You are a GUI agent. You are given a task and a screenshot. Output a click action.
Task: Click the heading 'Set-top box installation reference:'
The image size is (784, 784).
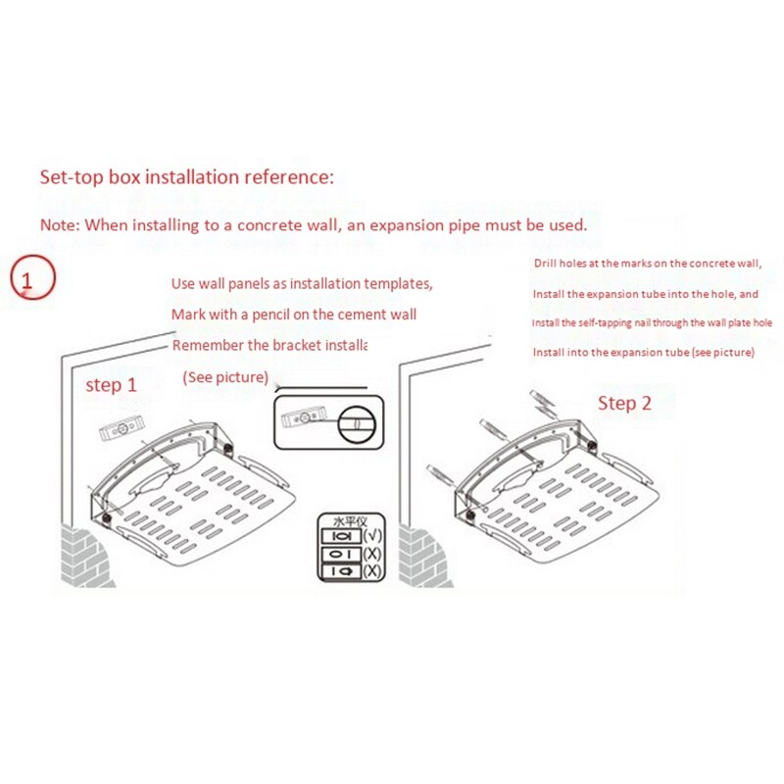click(x=187, y=178)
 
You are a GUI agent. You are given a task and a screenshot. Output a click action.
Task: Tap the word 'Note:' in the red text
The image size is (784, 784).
click(x=60, y=224)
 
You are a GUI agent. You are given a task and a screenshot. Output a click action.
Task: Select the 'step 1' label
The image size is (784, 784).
click(x=118, y=385)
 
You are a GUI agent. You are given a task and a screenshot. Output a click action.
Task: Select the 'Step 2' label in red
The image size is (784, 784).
click(x=624, y=403)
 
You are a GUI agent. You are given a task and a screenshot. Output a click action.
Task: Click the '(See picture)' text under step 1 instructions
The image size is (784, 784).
click(x=225, y=377)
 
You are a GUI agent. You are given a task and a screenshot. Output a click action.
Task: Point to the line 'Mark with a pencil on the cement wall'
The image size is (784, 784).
click(x=294, y=316)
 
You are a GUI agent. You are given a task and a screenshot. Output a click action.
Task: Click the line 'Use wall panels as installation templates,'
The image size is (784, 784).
click(x=302, y=284)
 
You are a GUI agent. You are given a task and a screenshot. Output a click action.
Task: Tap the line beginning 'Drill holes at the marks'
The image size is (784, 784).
click(x=647, y=265)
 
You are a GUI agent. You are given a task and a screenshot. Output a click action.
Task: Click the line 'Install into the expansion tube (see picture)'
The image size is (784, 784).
click(x=643, y=352)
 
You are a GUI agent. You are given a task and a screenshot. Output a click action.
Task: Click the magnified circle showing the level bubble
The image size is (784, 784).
click(x=355, y=424)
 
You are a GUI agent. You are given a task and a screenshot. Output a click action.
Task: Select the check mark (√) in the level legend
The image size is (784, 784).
click(x=372, y=537)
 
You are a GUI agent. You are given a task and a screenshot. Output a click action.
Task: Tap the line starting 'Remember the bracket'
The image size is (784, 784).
click(x=269, y=346)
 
